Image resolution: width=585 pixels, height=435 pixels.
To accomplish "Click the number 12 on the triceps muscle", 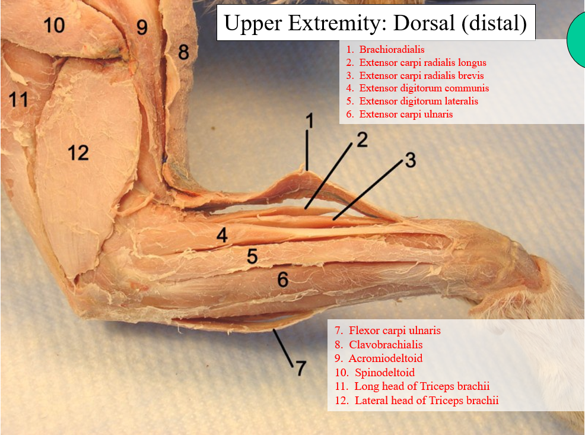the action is pyautogui.click(x=78, y=153).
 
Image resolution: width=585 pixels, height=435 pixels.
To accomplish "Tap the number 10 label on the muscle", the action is pyautogui.click(x=53, y=25).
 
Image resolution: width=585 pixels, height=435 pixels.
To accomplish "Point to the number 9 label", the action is pyautogui.click(x=141, y=27).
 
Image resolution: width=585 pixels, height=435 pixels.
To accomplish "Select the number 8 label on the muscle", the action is pyautogui.click(x=183, y=52).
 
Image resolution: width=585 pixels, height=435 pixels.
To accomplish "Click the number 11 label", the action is pyautogui.click(x=18, y=100).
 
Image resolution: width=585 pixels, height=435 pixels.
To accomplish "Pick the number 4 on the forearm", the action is pyautogui.click(x=222, y=236).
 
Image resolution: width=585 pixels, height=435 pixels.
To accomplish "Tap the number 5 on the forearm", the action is pyautogui.click(x=252, y=256).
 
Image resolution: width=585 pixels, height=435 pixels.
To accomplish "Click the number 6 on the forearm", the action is pyautogui.click(x=283, y=279).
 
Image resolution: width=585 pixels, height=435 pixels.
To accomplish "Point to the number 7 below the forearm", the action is pyautogui.click(x=301, y=368).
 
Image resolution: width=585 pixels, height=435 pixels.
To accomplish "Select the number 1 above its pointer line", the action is pyautogui.click(x=309, y=122).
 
